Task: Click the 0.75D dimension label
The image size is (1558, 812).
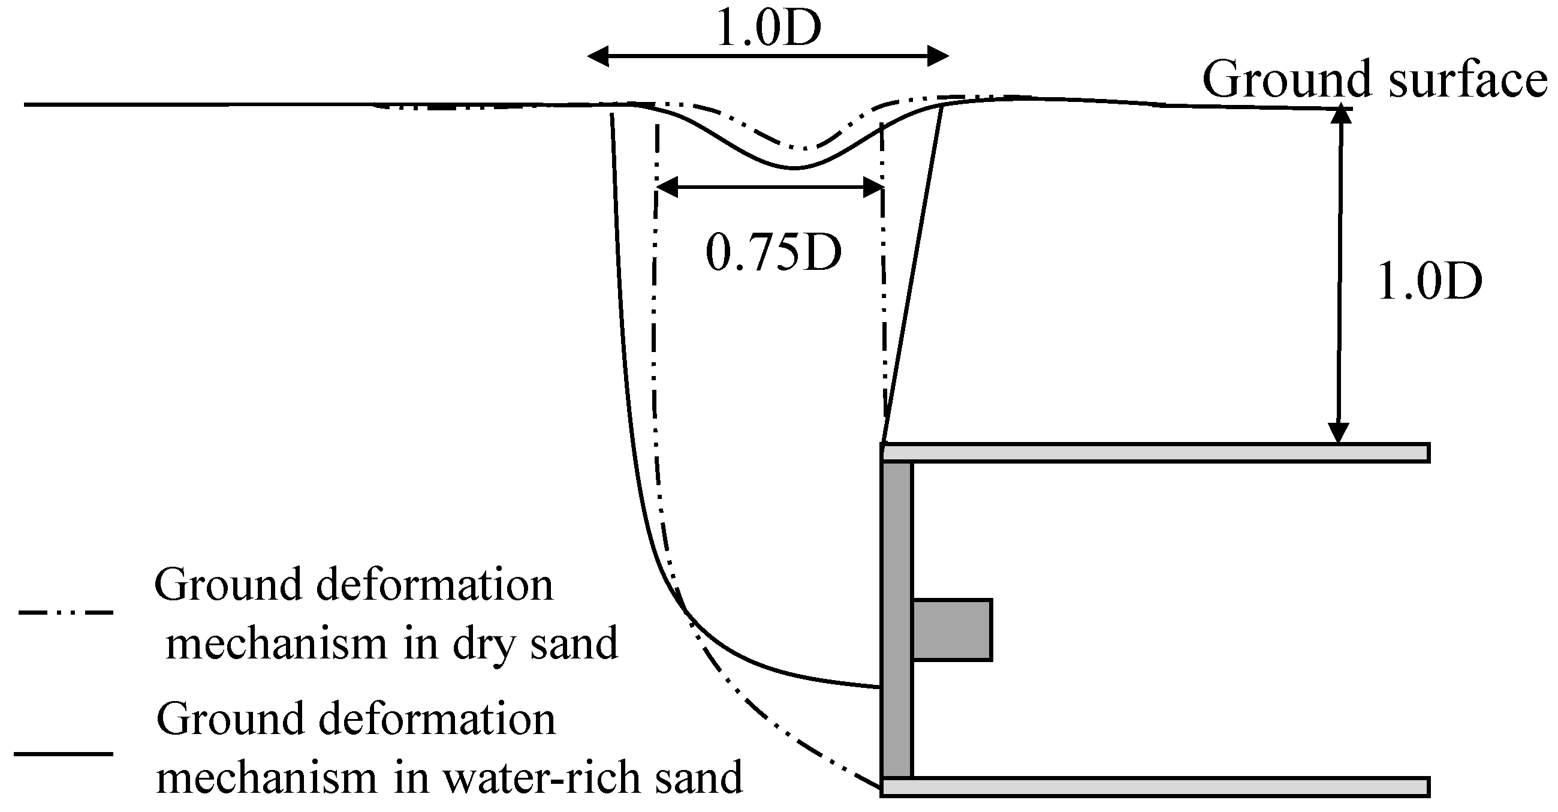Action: [773, 253]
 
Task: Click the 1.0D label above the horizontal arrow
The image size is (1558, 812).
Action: [768, 28]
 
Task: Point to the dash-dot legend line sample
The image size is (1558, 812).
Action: [66, 612]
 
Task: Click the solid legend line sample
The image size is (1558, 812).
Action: [64, 754]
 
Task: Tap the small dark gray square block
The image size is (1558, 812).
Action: [952, 630]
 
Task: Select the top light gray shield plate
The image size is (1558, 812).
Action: [1155, 453]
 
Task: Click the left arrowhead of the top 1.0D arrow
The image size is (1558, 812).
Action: [599, 58]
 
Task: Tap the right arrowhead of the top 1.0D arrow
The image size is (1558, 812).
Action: [938, 57]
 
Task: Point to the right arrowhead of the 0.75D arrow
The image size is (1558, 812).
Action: [873, 188]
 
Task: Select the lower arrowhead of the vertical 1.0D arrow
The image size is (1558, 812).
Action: [1339, 433]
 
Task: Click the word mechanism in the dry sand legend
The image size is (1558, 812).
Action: [276, 643]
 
